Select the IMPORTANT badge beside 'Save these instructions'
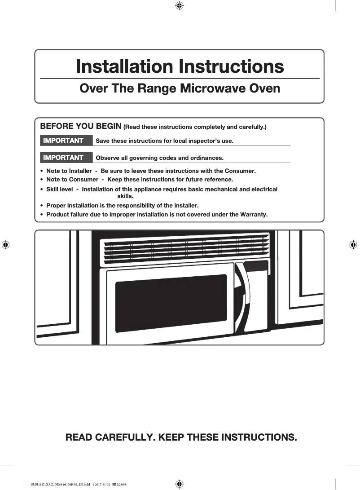point(63,141)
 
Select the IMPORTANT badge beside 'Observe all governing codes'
point(63,158)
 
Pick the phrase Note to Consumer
point(72,180)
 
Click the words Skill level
point(60,189)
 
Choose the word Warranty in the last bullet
point(252,214)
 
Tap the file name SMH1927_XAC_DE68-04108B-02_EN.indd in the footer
point(61,484)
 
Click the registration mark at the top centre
point(179,5)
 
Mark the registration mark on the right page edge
point(353,245)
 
